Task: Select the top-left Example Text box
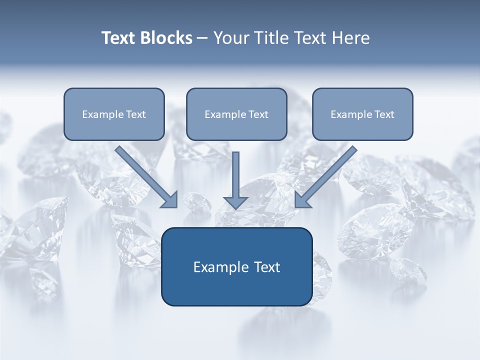click(x=114, y=114)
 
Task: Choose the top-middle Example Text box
click(x=236, y=114)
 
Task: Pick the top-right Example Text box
click(x=362, y=114)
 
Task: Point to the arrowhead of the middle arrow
click(x=235, y=202)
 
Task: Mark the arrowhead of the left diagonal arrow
click(x=170, y=200)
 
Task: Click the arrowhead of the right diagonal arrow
click(x=302, y=200)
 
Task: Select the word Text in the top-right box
click(x=384, y=114)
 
